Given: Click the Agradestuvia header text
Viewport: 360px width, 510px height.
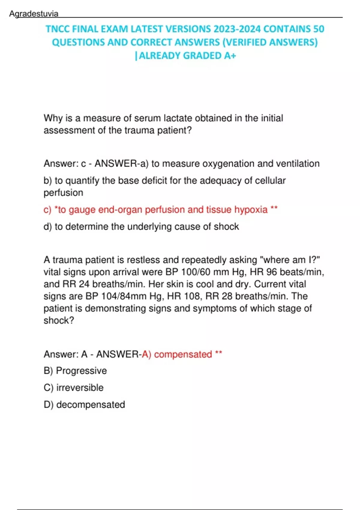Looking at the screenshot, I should [34, 13].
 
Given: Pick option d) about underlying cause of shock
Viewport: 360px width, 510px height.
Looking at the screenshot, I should [141, 226].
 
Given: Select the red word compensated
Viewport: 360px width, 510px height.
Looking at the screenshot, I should [183, 354].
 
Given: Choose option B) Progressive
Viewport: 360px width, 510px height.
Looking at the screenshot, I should [75, 371].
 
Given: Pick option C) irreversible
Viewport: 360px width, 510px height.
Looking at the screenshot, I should [73, 388].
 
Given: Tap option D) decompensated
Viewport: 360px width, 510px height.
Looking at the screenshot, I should [84, 404].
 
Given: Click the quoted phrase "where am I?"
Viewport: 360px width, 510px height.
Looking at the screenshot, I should [290, 260].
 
